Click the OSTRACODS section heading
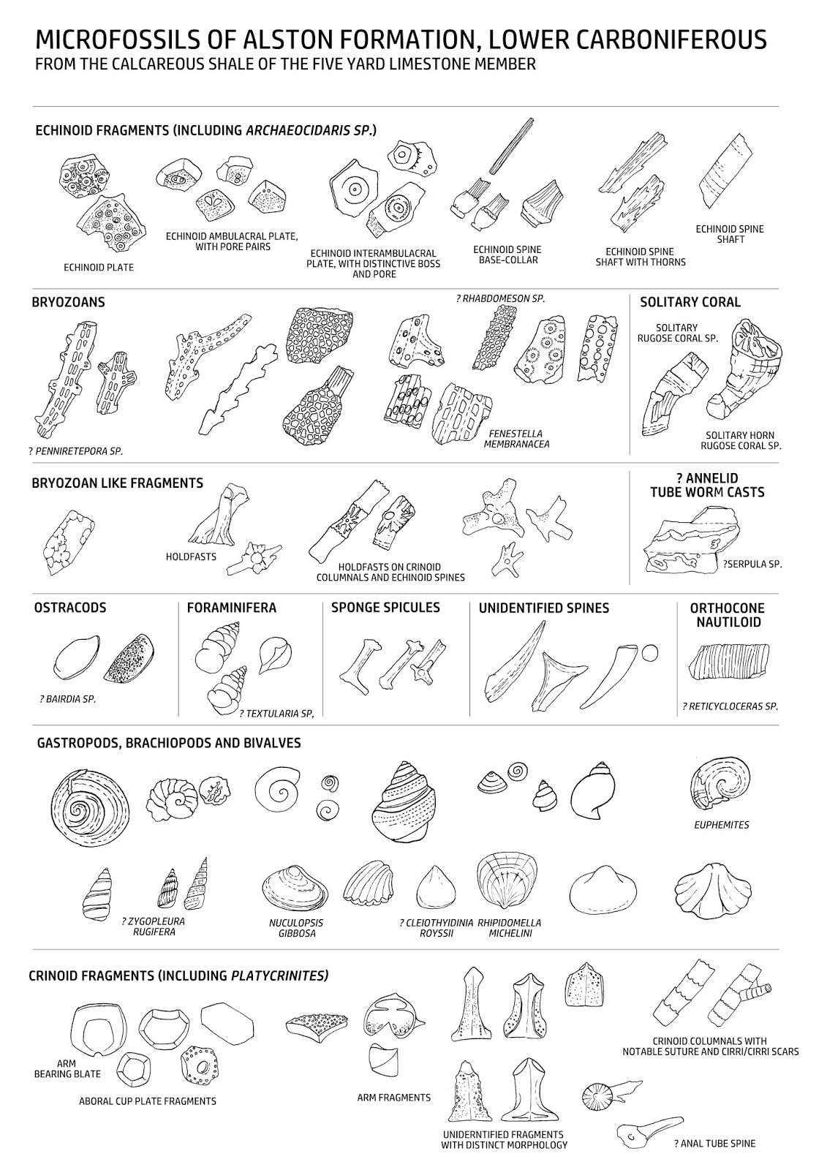(70, 608)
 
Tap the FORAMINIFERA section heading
(232, 608)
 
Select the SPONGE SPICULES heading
(385, 608)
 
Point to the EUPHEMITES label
(721, 825)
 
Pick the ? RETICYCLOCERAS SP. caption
(729, 706)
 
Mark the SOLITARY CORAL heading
(690, 302)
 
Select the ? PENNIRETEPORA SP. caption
(76, 451)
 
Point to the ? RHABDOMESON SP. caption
(499, 298)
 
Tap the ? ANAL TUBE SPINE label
(714, 1144)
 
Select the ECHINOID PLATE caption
(99, 268)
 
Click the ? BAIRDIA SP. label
(68, 699)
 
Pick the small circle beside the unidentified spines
(649, 653)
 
